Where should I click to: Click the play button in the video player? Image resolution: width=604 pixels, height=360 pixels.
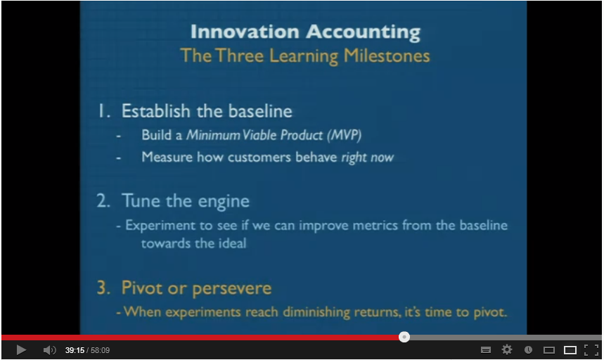point(21,350)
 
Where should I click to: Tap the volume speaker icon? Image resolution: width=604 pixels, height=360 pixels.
point(50,350)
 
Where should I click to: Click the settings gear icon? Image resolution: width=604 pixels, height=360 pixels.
point(507,349)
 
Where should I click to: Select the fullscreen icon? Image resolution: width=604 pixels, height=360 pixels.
point(591,349)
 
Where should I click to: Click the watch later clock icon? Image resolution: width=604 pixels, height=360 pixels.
point(529,349)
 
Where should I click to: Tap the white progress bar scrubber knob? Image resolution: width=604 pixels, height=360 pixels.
point(404,337)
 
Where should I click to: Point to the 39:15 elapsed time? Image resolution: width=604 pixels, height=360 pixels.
point(75,350)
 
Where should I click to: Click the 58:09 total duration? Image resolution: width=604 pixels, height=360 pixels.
point(100,350)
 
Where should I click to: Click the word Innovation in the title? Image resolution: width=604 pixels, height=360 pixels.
point(245,32)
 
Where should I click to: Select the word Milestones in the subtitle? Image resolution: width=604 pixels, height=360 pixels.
point(386,56)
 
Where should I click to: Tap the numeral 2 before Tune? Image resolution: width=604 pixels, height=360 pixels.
point(103,201)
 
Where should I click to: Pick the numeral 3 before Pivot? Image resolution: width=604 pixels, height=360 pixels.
point(103,288)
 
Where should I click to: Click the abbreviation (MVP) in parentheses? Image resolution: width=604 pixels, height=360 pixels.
point(345,135)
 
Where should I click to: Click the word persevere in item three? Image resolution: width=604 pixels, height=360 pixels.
point(232,289)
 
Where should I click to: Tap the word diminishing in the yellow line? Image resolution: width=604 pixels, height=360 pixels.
point(316,312)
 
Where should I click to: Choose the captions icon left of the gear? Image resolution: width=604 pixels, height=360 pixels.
point(486,350)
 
